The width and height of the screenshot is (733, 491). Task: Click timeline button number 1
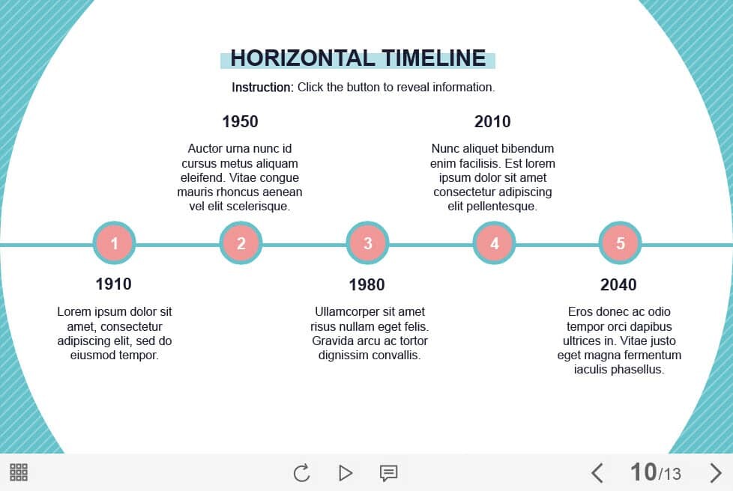click(x=114, y=243)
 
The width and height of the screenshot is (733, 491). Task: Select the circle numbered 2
click(x=241, y=243)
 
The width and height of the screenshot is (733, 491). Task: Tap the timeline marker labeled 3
click(x=367, y=243)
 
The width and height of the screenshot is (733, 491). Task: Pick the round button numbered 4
click(x=494, y=243)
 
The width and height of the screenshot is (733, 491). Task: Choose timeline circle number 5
click(x=621, y=243)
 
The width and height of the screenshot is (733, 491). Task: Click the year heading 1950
click(x=241, y=122)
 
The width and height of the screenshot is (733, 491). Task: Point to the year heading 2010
click(x=492, y=122)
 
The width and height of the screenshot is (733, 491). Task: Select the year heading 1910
click(x=114, y=284)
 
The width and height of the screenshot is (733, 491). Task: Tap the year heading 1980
click(x=367, y=284)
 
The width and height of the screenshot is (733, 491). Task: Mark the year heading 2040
click(x=618, y=284)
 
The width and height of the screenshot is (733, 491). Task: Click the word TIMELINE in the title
click(x=434, y=58)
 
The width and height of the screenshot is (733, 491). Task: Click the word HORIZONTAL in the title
click(x=303, y=58)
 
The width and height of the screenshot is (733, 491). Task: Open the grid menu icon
click(x=19, y=472)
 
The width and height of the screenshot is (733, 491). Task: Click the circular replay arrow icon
click(x=302, y=473)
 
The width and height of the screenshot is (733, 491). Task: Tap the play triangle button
click(x=346, y=473)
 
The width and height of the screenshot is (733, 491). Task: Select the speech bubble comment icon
click(x=388, y=473)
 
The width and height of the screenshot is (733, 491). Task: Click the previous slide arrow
click(x=597, y=473)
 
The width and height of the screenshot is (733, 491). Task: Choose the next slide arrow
click(x=715, y=473)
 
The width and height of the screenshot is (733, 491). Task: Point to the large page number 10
click(x=644, y=472)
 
